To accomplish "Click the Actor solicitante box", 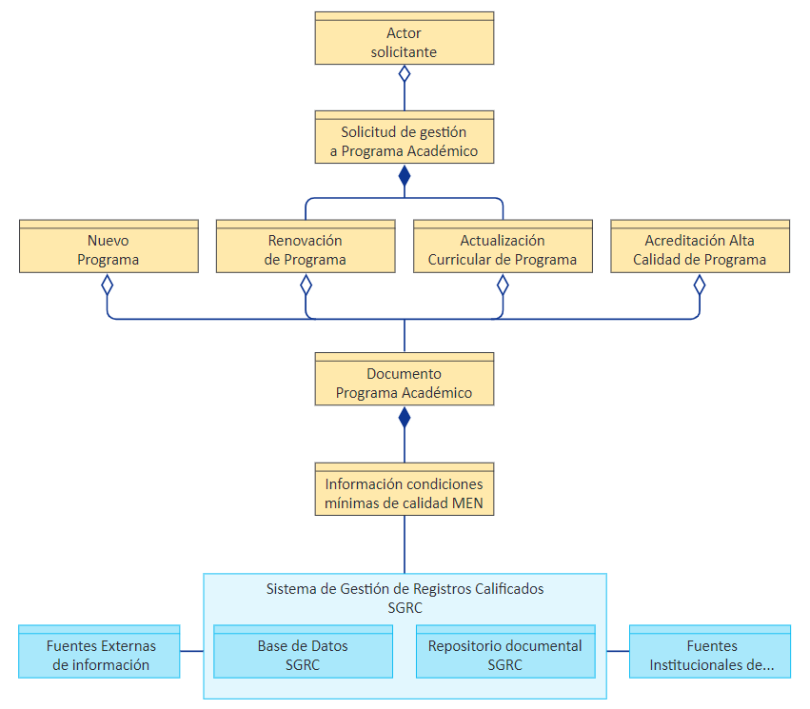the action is coord(404,38).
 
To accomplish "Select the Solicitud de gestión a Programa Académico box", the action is coord(404,137).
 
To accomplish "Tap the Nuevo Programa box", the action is coord(109,246).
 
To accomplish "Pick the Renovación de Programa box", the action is coord(306,246).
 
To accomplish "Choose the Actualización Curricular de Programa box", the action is coord(503,246).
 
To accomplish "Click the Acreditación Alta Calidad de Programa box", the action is coord(700,246).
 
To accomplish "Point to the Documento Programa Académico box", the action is coord(404,379).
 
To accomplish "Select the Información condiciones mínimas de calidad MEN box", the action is coord(404,489).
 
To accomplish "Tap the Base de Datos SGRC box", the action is coord(303,651).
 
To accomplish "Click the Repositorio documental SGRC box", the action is coord(505,651).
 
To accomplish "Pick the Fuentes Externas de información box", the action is coord(99,651).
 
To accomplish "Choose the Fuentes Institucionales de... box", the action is coord(710,651).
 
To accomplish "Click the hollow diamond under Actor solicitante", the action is coord(405,74).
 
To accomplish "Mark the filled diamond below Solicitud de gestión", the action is coord(405,175).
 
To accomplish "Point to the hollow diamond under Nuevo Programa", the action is coord(107,285).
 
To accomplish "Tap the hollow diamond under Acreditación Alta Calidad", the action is coord(700,285).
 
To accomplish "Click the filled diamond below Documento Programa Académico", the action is coord(405,417).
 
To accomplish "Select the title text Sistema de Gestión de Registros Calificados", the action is coord(405,589).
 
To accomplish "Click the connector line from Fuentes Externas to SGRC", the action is coord(191,651).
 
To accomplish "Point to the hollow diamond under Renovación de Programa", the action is coord(306,285).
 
